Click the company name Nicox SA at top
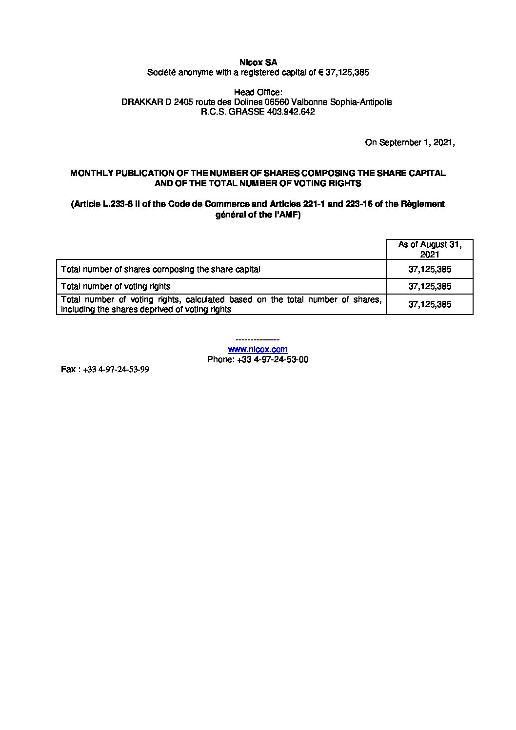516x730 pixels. [x=258, y=62]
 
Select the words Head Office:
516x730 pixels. [x=258, y=92]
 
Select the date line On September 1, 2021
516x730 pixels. [x=410, y=143]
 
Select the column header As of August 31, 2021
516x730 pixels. [x=430, y=249]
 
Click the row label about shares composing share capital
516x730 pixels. [x=160, y=269]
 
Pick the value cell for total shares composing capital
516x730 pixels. [x=430, y=269]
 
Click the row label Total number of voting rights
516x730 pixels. [x=116, y=286]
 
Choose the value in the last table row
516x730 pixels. [x=430, y=304]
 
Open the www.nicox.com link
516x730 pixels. [x=258, y=349]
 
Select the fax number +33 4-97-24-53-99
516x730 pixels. [x=116, y=370]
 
